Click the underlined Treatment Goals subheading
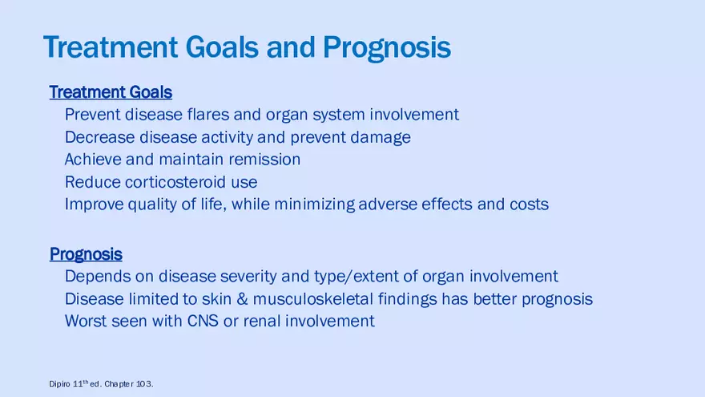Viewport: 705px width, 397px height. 111,92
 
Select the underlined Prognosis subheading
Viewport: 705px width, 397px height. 86,254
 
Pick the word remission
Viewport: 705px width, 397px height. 264,160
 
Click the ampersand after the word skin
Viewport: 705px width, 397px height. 242,299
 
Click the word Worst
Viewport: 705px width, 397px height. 86,322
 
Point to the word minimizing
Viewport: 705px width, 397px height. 314,205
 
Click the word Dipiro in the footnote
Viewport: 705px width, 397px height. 59,384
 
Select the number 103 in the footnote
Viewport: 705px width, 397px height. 143,384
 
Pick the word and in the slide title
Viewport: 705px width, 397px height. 291,47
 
